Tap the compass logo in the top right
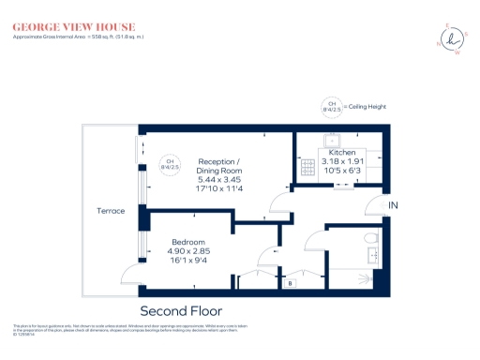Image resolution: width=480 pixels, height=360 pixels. (x=452, y=40)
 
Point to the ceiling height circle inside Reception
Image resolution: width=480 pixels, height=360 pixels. (x=171, y=164)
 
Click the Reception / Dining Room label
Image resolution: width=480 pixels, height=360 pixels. (x=219, y=166)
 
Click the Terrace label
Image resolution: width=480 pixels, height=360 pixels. (x=111, y=211)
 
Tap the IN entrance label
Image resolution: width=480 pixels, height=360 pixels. (x=395, y=205)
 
